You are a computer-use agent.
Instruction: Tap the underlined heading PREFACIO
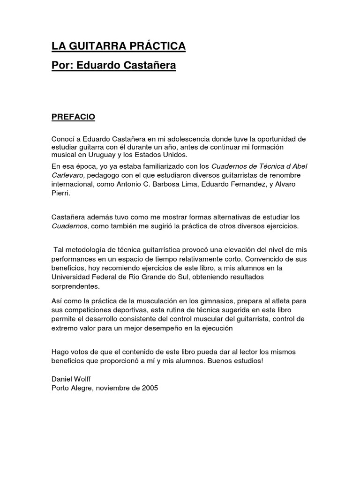(73, 117)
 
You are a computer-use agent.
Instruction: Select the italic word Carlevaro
(67, 174)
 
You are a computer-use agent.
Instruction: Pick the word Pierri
(60, 192)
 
